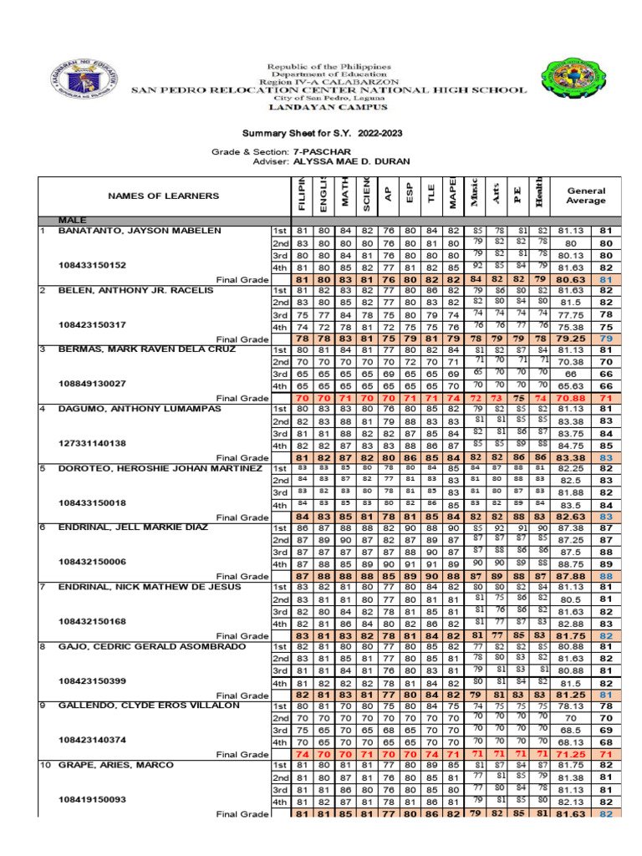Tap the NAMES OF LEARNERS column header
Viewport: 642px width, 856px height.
(x=163, y=196)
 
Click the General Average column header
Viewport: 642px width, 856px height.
(x=584, y=196)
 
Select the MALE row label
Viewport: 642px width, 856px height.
(x=73, y=220)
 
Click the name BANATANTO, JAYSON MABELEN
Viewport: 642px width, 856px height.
(x=140, y=230)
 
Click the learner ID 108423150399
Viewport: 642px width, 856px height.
(x=92, y=681)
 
